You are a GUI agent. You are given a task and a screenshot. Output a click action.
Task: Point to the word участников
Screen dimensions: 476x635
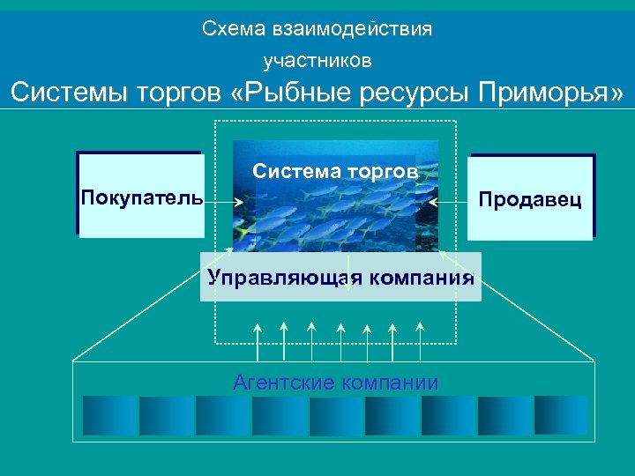coord(317,61)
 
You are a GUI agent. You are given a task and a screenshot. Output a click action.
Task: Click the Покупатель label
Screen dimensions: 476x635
coord(141,195)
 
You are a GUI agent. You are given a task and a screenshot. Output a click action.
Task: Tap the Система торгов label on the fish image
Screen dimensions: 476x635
coord(335,170)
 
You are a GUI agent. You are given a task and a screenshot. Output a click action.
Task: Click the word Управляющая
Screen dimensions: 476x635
coord(285,279)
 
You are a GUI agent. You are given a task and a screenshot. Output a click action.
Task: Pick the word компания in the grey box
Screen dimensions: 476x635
coord(421,279)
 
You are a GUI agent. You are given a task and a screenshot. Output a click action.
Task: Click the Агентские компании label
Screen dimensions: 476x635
coord(335,383)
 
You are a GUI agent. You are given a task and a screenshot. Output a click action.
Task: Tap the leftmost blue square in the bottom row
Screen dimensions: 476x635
coord(109,415)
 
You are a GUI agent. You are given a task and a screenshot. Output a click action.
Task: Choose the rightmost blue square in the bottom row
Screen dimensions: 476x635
coord(561,415)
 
